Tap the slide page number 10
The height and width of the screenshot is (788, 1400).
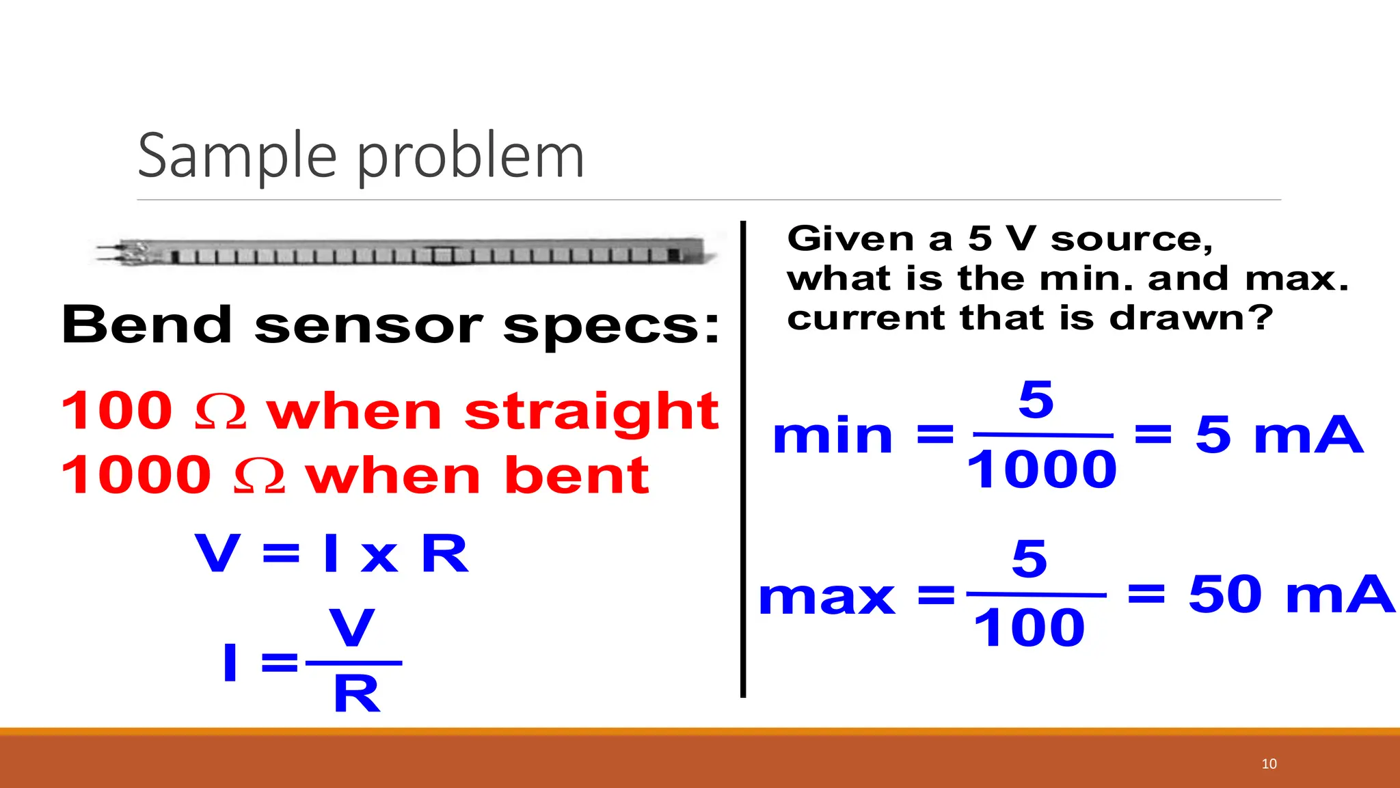1269,763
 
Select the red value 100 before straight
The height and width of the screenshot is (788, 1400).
116,411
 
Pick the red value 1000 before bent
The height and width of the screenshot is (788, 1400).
136,475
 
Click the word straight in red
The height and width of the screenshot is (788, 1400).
591,412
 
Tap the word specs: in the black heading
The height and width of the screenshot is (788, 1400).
612,327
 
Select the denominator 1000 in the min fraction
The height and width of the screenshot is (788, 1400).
1041,470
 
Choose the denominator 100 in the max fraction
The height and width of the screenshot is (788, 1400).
1029,628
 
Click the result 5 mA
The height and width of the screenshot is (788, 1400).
1279,435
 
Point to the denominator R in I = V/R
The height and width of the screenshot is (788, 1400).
356,694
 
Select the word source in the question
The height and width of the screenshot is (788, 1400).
1131,239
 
